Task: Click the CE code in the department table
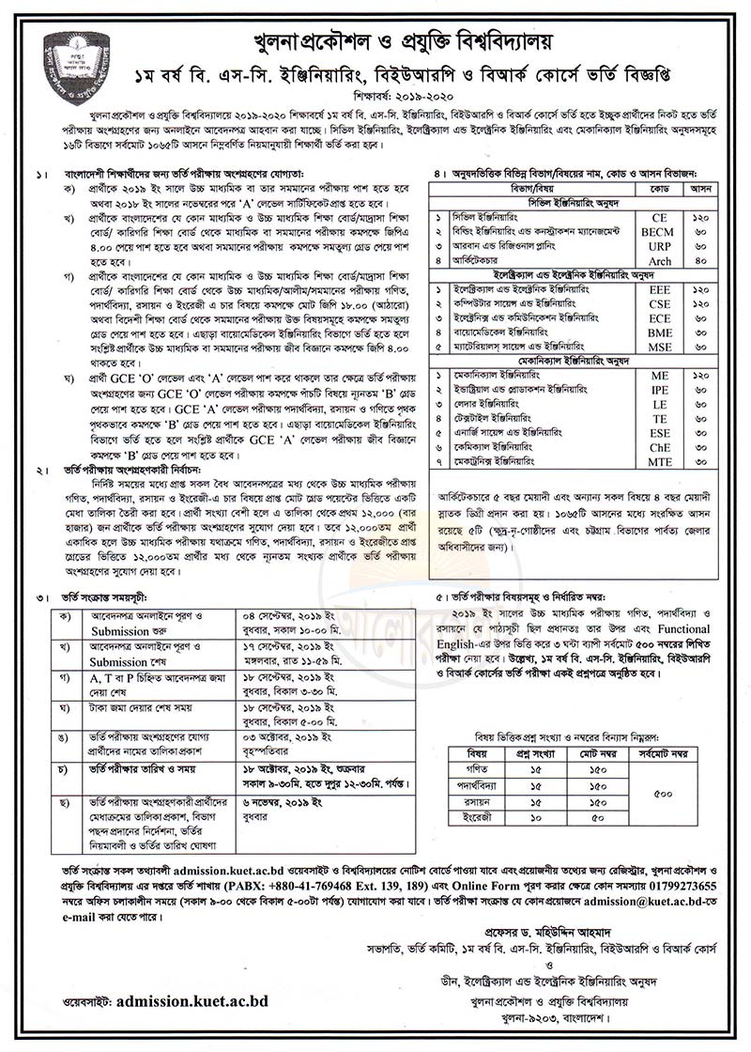(x=660, y=215)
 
